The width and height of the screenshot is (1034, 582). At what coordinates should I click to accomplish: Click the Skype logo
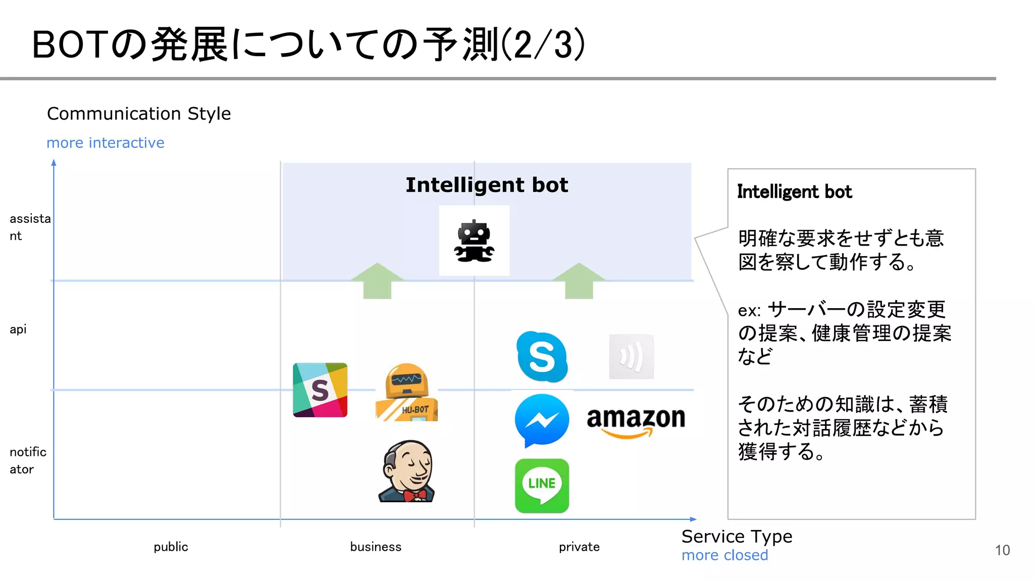point(542,357)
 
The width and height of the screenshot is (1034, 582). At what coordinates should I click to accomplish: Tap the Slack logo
point(320,390)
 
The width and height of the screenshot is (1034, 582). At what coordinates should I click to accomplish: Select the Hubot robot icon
point(406,393)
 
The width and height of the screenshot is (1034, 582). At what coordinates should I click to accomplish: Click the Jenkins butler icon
point(407,471)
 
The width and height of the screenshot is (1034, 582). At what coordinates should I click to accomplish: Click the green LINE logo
point(542,486)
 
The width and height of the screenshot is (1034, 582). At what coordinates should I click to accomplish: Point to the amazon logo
point(636,421)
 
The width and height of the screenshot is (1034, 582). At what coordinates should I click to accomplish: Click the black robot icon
point(474,241)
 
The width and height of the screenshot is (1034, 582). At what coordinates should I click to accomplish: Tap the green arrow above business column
point(377,281)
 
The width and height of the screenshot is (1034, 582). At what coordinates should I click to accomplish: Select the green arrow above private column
point(579,281)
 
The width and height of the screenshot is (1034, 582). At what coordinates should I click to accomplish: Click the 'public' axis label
point(171,547)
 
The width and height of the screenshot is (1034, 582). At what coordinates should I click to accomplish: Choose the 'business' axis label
point(376,547)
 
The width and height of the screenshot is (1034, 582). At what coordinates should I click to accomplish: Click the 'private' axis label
point(579,547)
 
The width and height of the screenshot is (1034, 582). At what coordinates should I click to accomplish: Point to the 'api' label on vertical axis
point(18,329)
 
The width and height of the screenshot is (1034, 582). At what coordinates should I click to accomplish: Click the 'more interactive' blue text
point(105,143)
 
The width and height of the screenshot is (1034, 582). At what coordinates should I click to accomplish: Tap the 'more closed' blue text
point(725,555)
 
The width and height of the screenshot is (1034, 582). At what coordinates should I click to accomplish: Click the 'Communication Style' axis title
point(139,114)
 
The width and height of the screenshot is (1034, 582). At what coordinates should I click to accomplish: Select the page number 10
point(1002,550)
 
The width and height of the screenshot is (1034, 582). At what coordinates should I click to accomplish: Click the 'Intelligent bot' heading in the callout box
point(794,192)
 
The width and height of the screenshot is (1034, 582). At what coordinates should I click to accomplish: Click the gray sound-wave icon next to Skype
point(631,357)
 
